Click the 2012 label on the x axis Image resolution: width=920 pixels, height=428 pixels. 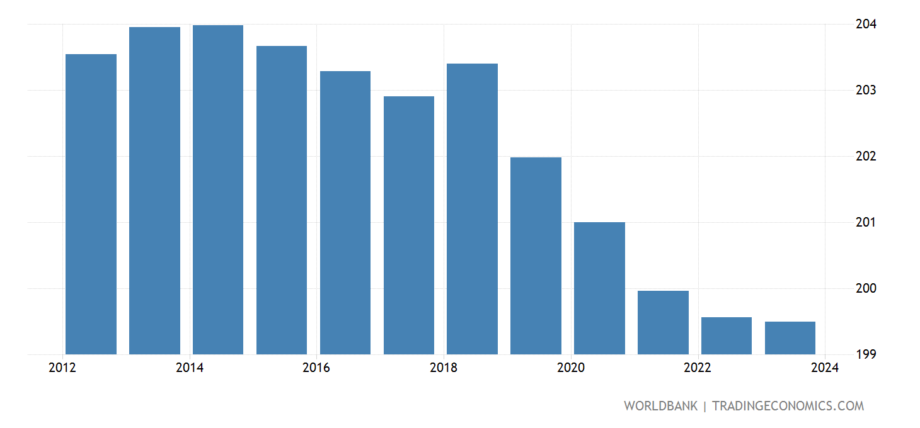[62, 368]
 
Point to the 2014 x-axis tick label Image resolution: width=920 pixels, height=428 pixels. [189, 368]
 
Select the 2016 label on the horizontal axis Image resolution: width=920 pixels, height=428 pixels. [316, 368]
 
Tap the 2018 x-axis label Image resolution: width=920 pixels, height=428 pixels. [443, 368]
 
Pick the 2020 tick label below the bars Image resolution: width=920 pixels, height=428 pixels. [570, 368]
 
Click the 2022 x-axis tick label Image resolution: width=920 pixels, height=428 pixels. [698, 368]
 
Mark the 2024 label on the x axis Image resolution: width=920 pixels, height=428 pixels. [825, 368]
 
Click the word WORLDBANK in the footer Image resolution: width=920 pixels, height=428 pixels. [660, 406]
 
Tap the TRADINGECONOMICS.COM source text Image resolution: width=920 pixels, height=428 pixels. [788, 406]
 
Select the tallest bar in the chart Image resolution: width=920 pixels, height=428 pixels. [218, 189]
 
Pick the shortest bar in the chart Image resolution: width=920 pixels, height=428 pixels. [790, 338]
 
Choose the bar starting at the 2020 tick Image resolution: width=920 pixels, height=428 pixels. [599, 288]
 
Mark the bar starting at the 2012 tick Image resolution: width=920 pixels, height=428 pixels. [91, 204]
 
